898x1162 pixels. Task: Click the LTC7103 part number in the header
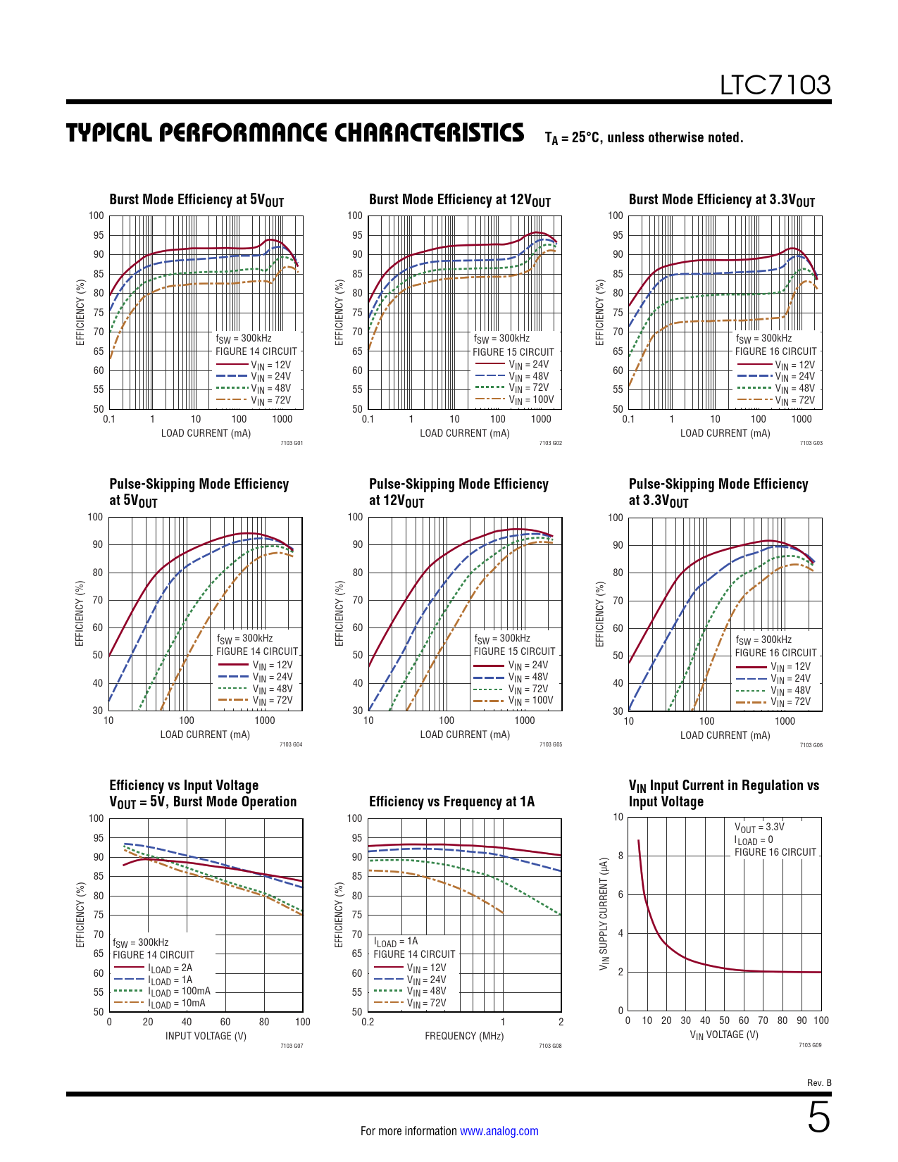tap(775, 85)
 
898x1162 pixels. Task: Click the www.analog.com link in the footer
tap(499, 1131)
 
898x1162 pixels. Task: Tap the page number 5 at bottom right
tap(818, 1118)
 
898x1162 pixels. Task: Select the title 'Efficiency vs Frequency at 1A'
tap(451, 801)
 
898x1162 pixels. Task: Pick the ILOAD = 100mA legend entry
tap(179, 991)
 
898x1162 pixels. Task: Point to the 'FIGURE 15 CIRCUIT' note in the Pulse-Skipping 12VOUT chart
tap(514, 651)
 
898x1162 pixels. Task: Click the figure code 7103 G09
tap(810, 1045)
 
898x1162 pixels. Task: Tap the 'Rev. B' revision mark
tap(819, 1082)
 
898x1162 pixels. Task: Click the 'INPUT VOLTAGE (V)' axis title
tap(206, 1036)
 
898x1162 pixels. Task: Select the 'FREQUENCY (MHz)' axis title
tap(464, 1036)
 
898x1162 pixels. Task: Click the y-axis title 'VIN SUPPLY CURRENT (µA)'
tap(604, 914)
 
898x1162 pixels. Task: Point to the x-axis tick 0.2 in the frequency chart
tap(368, 1022)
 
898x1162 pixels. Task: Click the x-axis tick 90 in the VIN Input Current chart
tap(802, 1020)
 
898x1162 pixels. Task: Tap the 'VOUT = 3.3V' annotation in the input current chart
tap(759, 827)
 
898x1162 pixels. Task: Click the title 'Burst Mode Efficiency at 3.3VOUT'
tap(721, 200)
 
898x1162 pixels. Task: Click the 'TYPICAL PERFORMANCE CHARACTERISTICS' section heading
tap(295, 133)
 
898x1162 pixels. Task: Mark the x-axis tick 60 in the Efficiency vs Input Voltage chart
tap(225, 1022)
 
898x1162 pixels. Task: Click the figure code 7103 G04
tap(291, 744)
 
